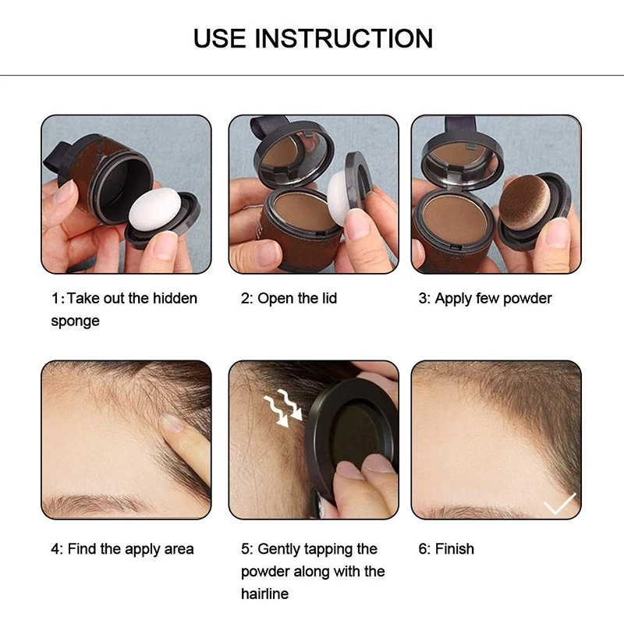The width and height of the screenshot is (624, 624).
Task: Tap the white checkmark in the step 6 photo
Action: point(558,505)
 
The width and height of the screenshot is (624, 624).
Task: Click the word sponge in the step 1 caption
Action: point(75,321)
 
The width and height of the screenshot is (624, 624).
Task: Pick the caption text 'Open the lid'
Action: point(296,299)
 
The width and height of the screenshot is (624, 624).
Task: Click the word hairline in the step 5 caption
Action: point(264,594)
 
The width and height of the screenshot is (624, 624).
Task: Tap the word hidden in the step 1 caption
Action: point(172,299)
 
